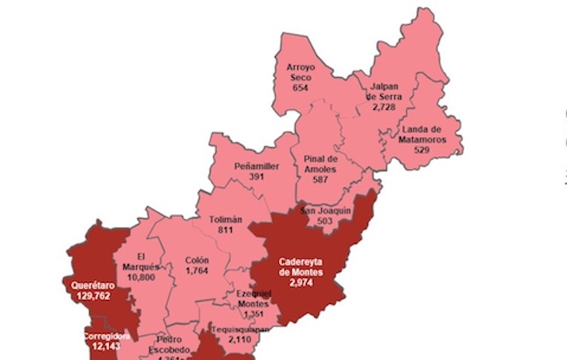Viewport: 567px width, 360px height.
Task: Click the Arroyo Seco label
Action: click(299, 72)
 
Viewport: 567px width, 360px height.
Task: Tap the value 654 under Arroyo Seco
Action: click(299, 87)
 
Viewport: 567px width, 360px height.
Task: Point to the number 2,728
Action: click(383, 106)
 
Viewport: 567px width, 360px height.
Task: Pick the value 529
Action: click(422, 150)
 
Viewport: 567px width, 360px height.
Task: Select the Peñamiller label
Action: click(257, 167)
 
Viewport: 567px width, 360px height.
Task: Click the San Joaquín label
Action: click(325, 210)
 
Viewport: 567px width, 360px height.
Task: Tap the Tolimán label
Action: click(227, 220)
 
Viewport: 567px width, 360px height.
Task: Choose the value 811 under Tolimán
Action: click(227, 230)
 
